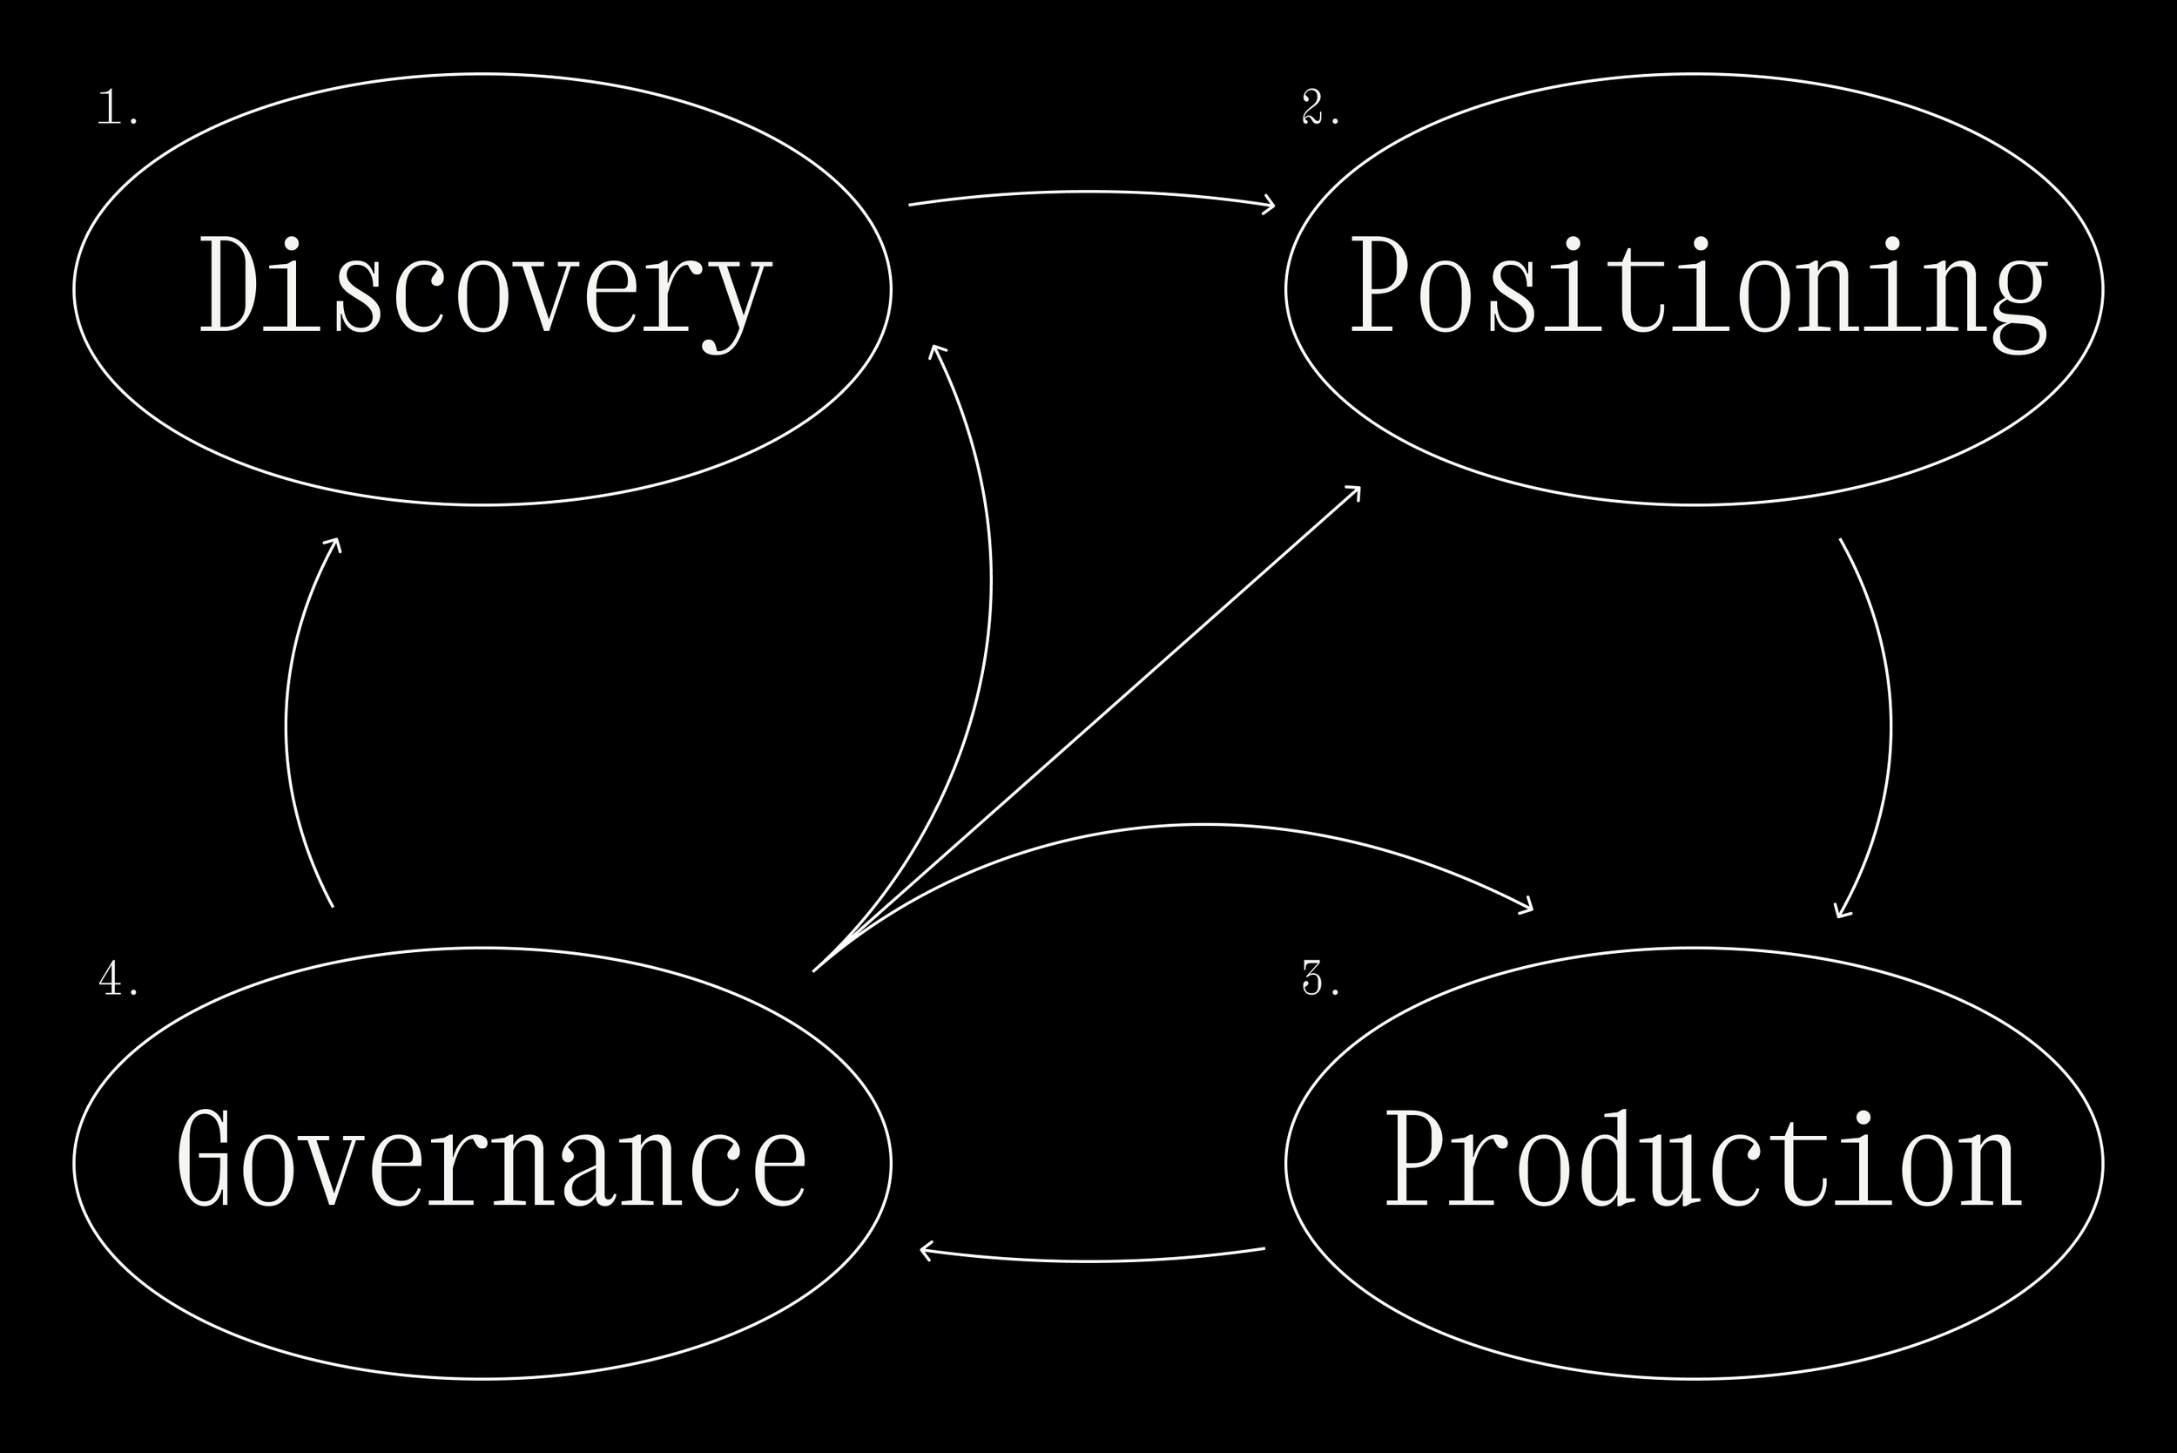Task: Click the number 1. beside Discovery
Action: click(x=118, y=108)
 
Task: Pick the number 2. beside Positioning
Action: click(x=1320, y=108)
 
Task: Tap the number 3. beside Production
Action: click(x=1320, y=979)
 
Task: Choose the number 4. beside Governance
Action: click(x=118, y=979)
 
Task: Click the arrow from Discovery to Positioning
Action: click(x=1089, y=193)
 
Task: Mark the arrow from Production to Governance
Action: click(x=1089, y=1261)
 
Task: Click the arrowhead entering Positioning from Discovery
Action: click(x=1267, y=205)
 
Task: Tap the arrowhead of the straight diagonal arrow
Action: click(x=1354, y=491)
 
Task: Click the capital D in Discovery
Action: click(x=227, y=286)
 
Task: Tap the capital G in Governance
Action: click(x=204, y=1159)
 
